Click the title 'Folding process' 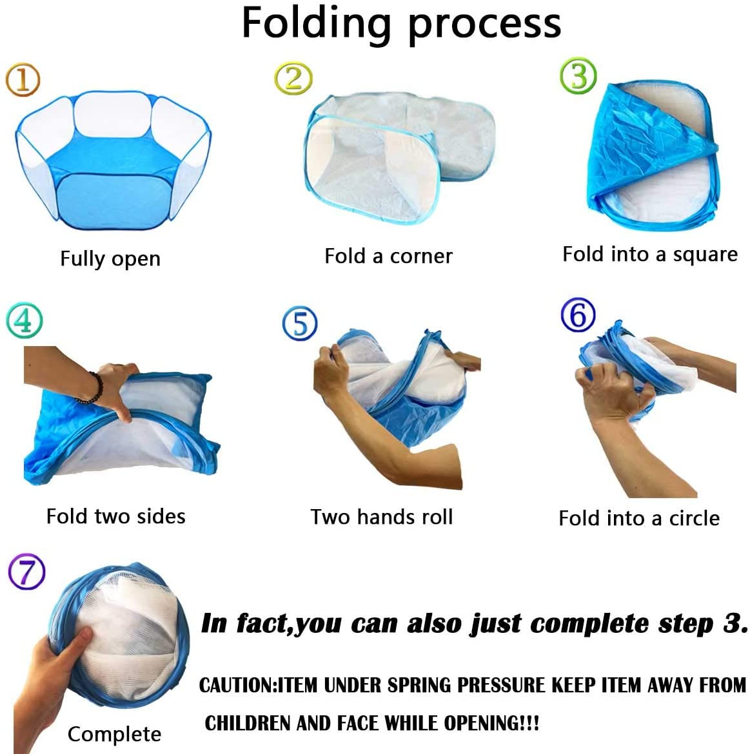[x=401, y=24]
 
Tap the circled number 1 [x=23, y=79]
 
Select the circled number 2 [x=293, y=79]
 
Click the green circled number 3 [x=578, y=76]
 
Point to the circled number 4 [x=24, y=320]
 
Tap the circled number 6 [x=578, y=315]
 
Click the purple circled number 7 [x=27, y=571]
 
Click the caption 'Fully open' [x=110, y=258]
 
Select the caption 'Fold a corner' [x=388, y=256]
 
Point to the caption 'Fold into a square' [x=650, y=255]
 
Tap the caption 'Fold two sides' [x=116, y=516]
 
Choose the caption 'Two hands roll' [x=382, y=517]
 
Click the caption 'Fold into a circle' [x=639, y=518]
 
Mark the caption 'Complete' [x=115, y=734]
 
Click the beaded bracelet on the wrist [x=92, y=388]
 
